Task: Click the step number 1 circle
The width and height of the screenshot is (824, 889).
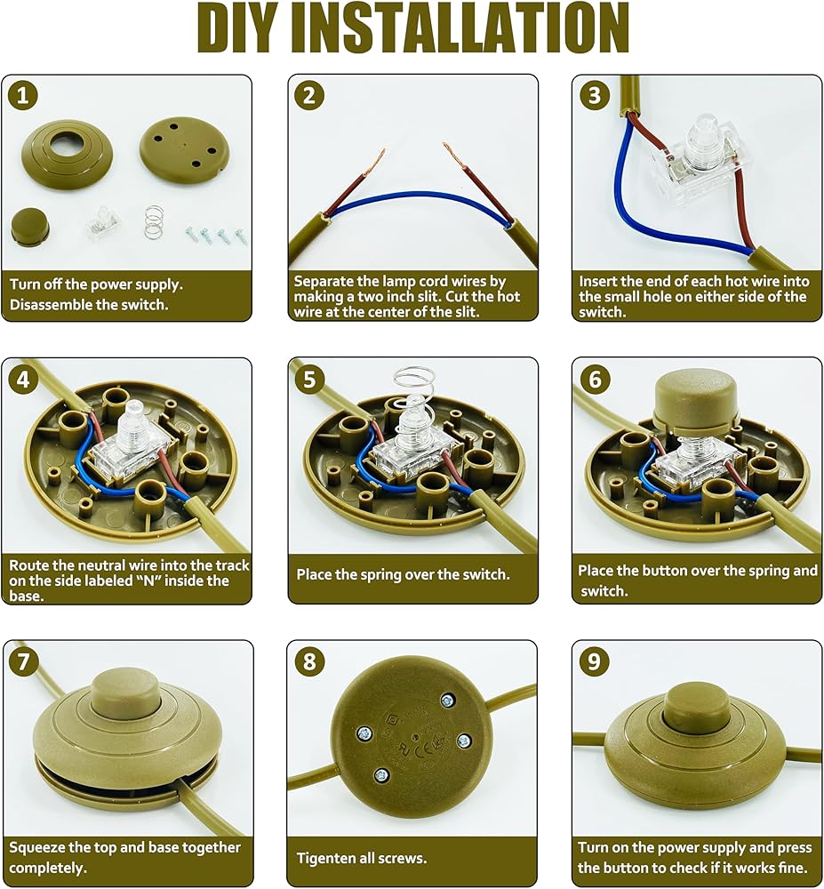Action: [x=23, y=95]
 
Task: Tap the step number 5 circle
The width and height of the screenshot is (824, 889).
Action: [x=308, y=379]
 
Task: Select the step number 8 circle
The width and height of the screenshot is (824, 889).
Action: [x=309, y=661]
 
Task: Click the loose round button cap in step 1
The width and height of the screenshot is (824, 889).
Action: [x=30, y=226]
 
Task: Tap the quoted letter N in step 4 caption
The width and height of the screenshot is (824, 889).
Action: [x=150, y=581]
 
